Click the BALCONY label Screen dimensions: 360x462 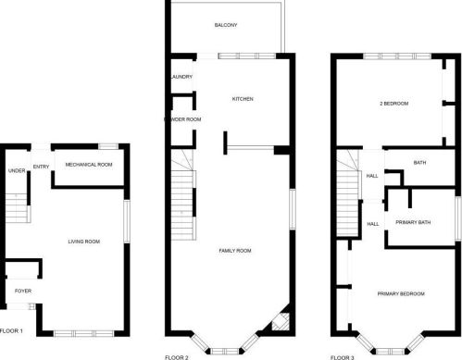pos(226,25)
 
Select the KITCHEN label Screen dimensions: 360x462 pos(243,99)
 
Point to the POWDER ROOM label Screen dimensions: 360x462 pos(182,119)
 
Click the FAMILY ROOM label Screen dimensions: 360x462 pos(235,250)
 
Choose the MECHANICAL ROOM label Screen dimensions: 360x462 pos(90,164)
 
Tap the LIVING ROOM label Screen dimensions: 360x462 pos(83,242)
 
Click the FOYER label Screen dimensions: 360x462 pos(22,291)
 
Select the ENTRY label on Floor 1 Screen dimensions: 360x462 pos(41,167)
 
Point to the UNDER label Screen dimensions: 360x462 pos(16,170)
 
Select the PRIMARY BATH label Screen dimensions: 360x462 pos(412,221)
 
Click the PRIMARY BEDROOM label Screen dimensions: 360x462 pos(401,293)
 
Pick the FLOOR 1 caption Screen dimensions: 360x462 pos(12,329)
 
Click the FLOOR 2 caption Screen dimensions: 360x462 pos(176,355)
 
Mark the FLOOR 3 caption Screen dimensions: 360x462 pos(343,355)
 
